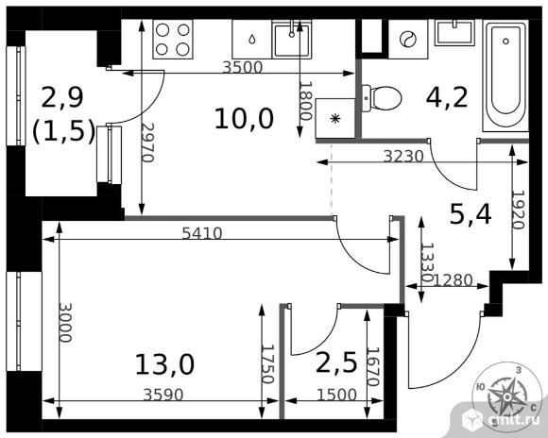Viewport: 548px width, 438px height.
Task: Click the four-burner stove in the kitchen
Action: [173, 39]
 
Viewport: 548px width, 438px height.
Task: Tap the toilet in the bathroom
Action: [381, 98]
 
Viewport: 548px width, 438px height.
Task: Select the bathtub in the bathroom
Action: [505, 76]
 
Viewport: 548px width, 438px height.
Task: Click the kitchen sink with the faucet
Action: [292, 39]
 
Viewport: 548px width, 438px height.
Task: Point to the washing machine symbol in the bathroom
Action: [408, 39]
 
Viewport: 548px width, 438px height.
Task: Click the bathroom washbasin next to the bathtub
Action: [454, 33]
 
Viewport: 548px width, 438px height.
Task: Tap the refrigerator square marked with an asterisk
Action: [335, 118]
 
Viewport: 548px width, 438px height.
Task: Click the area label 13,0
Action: [164, 364]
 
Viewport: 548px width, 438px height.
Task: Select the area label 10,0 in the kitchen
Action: [244, 119]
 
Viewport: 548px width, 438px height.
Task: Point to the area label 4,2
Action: [447, 97]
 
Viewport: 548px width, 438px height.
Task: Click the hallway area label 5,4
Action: [471, 214]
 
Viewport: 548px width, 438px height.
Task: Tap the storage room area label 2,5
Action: [336, 362]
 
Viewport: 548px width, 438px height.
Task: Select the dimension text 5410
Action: [202, 233]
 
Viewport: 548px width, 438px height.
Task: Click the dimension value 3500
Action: [242, 67]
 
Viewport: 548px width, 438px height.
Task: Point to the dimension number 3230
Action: [403, 157]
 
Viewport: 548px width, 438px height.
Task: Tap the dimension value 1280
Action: [453, 280]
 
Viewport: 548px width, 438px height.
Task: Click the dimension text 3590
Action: [163, 395]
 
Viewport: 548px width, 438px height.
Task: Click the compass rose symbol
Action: [506, 396]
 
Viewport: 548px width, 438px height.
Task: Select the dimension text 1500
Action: [336, 395]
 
